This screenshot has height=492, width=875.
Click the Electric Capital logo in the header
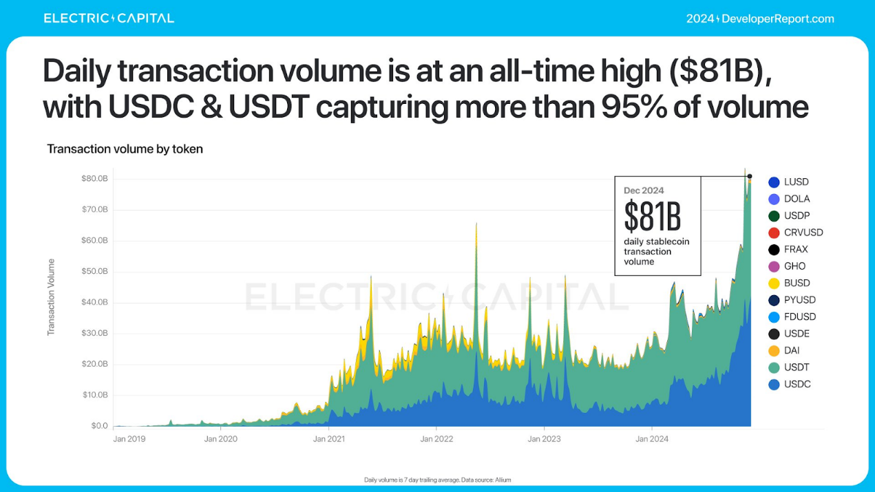click(109, 19)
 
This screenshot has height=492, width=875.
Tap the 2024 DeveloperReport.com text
click(760, 19)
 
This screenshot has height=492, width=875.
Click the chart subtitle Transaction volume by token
click(125, 149)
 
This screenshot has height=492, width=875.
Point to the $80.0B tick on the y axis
click(94, 178)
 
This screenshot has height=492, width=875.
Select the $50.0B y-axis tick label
click(94, 271)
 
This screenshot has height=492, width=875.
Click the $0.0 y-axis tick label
click(99, 426)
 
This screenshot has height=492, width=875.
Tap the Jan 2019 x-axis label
click(129, 438)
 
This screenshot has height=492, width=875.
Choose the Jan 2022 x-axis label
click(436, 438)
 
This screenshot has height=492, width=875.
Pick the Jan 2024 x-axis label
click(651, 438)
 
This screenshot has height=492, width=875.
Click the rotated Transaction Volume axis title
click(51, 297)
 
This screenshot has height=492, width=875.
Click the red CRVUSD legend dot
click(774, 233)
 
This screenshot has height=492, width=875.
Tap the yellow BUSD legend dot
click(774, 284)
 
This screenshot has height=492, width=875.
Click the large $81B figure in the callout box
click(652, 217)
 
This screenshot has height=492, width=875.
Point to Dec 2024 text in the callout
click(644, 191)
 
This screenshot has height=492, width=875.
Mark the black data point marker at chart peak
click(750, 176)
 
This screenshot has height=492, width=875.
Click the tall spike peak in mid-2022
click(476, 224)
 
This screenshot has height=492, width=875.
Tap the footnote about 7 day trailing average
click(437, 480)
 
